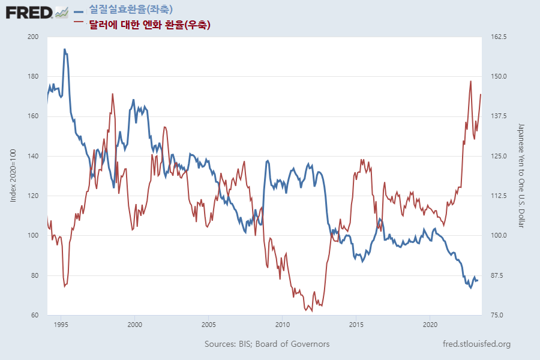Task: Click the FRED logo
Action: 29,11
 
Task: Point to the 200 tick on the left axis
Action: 34,37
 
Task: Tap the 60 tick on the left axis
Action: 35,316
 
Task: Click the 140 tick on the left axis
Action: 34,157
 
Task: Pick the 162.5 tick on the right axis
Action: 499,37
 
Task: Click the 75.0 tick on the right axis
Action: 499,316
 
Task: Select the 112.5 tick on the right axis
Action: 499,196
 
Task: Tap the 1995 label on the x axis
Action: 61,325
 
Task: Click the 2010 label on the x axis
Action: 282,325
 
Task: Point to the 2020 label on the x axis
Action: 430,325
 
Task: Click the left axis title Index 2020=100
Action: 14,176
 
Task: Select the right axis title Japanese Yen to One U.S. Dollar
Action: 521,176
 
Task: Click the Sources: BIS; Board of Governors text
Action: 267,344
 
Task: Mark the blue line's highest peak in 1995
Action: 64,49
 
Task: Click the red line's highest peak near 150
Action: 470,81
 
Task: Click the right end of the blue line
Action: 478,280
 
